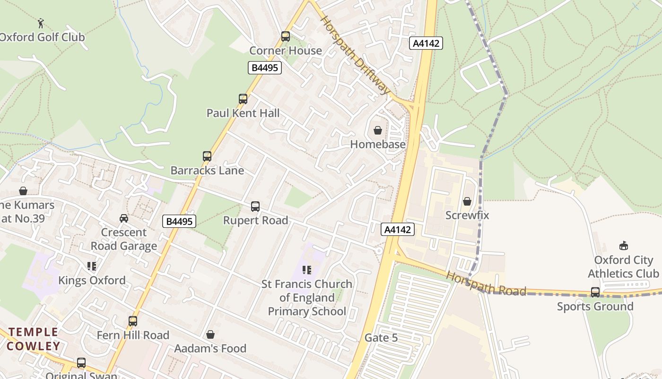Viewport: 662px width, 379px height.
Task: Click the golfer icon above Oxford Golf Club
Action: click(x=41, y=22)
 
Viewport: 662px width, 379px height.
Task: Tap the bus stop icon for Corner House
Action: click(x=285, y=36)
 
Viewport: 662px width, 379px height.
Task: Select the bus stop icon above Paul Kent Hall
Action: click(x=243, y=99)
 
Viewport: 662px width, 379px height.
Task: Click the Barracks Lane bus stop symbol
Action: click(x=207, y=156)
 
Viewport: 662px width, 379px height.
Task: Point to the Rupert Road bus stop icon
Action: click(x=255, y=206)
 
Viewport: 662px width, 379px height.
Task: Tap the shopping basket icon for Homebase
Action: click(x=378, y=130)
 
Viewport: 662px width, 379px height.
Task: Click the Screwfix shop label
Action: click(x=467, y=215)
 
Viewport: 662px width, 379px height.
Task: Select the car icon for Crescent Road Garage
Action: click(x=124, y=218)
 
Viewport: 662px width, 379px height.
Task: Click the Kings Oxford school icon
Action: click(x=92, y=266)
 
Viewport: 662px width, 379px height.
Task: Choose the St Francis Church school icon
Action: click(x=307, y=270)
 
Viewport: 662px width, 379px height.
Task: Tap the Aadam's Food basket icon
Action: click(x=210, y=334)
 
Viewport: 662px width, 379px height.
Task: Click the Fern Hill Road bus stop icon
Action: click(x=133, y=321)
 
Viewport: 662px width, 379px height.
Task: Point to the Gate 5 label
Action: click(x=381, y=338)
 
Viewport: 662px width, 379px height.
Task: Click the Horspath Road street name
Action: click(x=486, y=283)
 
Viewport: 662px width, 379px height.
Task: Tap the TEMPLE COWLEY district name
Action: click(x=33, y=339)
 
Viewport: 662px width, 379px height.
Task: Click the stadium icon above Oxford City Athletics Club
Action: click(x=623, y=245)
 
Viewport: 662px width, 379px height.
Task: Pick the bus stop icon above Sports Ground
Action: click(x=595, y=292)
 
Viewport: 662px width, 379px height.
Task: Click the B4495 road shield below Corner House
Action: click(x=264, y=68)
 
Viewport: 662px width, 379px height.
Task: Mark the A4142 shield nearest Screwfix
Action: click(x=398, y=229)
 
